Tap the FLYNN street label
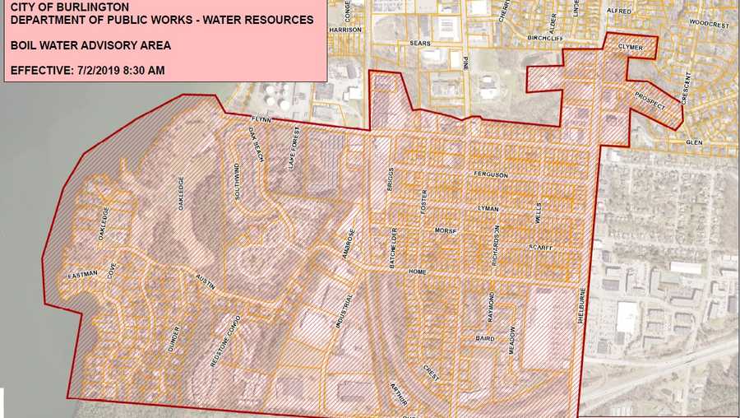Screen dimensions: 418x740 261,120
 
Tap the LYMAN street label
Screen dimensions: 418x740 489,210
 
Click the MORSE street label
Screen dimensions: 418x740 445,231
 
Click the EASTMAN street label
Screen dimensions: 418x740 83,273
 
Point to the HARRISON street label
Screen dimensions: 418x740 345,30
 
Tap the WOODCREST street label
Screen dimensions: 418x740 709,25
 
